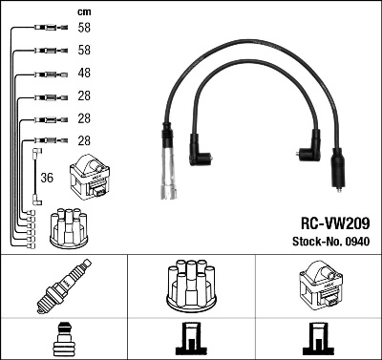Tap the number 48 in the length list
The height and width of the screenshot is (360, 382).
point(83,74)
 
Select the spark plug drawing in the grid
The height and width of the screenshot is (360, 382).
point(63,286)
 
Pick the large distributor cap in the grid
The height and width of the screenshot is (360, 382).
point(190,284)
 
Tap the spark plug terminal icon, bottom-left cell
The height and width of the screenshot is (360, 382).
point(63,339)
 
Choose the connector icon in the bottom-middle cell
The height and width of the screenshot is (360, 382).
point(190,339)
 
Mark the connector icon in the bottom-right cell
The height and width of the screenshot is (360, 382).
point(317,339)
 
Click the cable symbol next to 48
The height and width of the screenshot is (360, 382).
point(48,74)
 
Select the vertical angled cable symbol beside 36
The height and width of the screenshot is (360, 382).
point(36,174)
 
